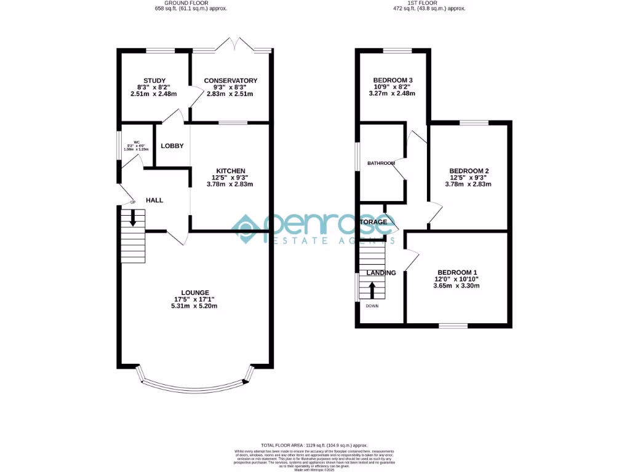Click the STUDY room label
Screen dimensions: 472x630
point(154,81)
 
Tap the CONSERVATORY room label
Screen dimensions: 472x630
point(231,81)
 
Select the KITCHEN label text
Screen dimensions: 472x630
point(231,171)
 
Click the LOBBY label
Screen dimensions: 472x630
point(172,146)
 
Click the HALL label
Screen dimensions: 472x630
point(154,200)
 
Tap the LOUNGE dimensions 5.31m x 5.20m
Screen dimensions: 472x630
point(195,306)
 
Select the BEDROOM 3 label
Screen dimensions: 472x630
point(393,81)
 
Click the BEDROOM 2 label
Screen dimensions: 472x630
point(469,171)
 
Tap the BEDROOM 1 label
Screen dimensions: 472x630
point(457,272)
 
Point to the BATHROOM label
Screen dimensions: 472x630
point(381,163)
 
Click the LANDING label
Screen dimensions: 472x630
point(381,273)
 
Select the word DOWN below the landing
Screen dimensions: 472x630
point(372,305)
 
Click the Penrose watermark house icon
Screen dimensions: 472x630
point(247,229)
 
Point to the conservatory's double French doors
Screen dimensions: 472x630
point(231,45)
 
